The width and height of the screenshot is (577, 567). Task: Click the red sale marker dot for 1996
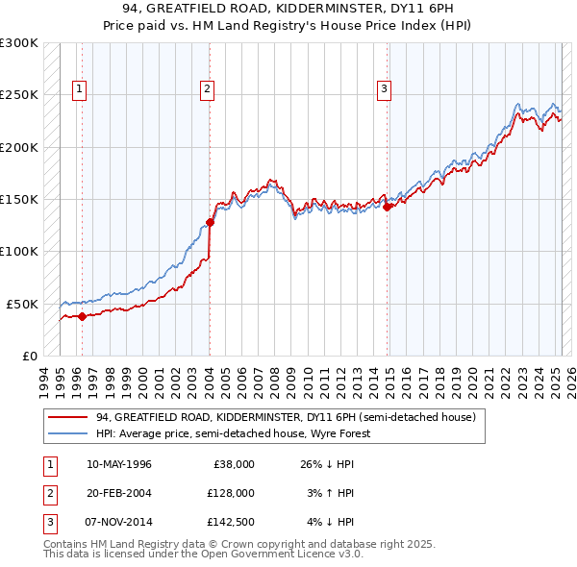82,315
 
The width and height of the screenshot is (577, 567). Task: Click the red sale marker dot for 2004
210,222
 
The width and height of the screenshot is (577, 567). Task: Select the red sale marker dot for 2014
387,207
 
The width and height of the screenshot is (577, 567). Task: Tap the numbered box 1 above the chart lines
79,90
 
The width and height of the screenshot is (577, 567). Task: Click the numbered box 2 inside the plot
207,90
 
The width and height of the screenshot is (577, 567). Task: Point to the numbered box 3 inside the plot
384,90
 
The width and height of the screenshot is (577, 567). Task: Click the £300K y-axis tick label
19,43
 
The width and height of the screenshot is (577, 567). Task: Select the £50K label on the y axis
23,304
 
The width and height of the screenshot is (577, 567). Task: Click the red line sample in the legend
67,418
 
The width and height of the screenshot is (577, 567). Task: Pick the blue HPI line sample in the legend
67,433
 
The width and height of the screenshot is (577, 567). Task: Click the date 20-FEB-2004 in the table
118,492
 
